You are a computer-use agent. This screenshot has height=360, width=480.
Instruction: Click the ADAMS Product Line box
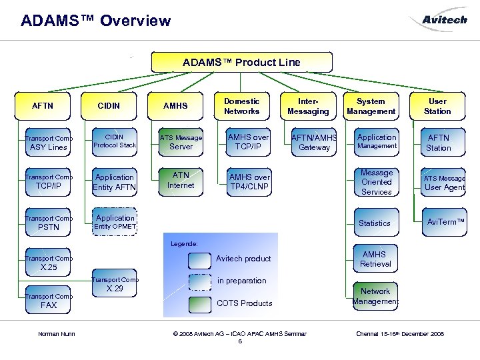241,62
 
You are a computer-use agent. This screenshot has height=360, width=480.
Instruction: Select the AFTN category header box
43,106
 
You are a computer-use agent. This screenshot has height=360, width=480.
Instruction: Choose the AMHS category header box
175,106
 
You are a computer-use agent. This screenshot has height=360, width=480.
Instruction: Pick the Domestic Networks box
241,106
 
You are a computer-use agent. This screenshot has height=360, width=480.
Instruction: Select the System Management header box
371,106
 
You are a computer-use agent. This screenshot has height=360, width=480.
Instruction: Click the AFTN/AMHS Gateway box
314,142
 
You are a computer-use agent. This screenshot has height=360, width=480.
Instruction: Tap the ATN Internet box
181,181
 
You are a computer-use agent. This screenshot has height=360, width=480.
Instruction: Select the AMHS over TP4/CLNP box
249,182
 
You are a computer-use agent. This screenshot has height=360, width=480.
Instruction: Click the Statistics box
375,223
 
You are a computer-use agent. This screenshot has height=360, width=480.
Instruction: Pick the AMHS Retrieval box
375,259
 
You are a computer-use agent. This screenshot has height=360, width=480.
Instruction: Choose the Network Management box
375,296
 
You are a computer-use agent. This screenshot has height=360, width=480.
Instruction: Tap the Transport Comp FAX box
48,301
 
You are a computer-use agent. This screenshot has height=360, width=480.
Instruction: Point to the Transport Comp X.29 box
115,285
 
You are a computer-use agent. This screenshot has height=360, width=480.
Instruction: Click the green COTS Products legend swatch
199,304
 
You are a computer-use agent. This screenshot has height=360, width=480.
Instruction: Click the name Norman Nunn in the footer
57,333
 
